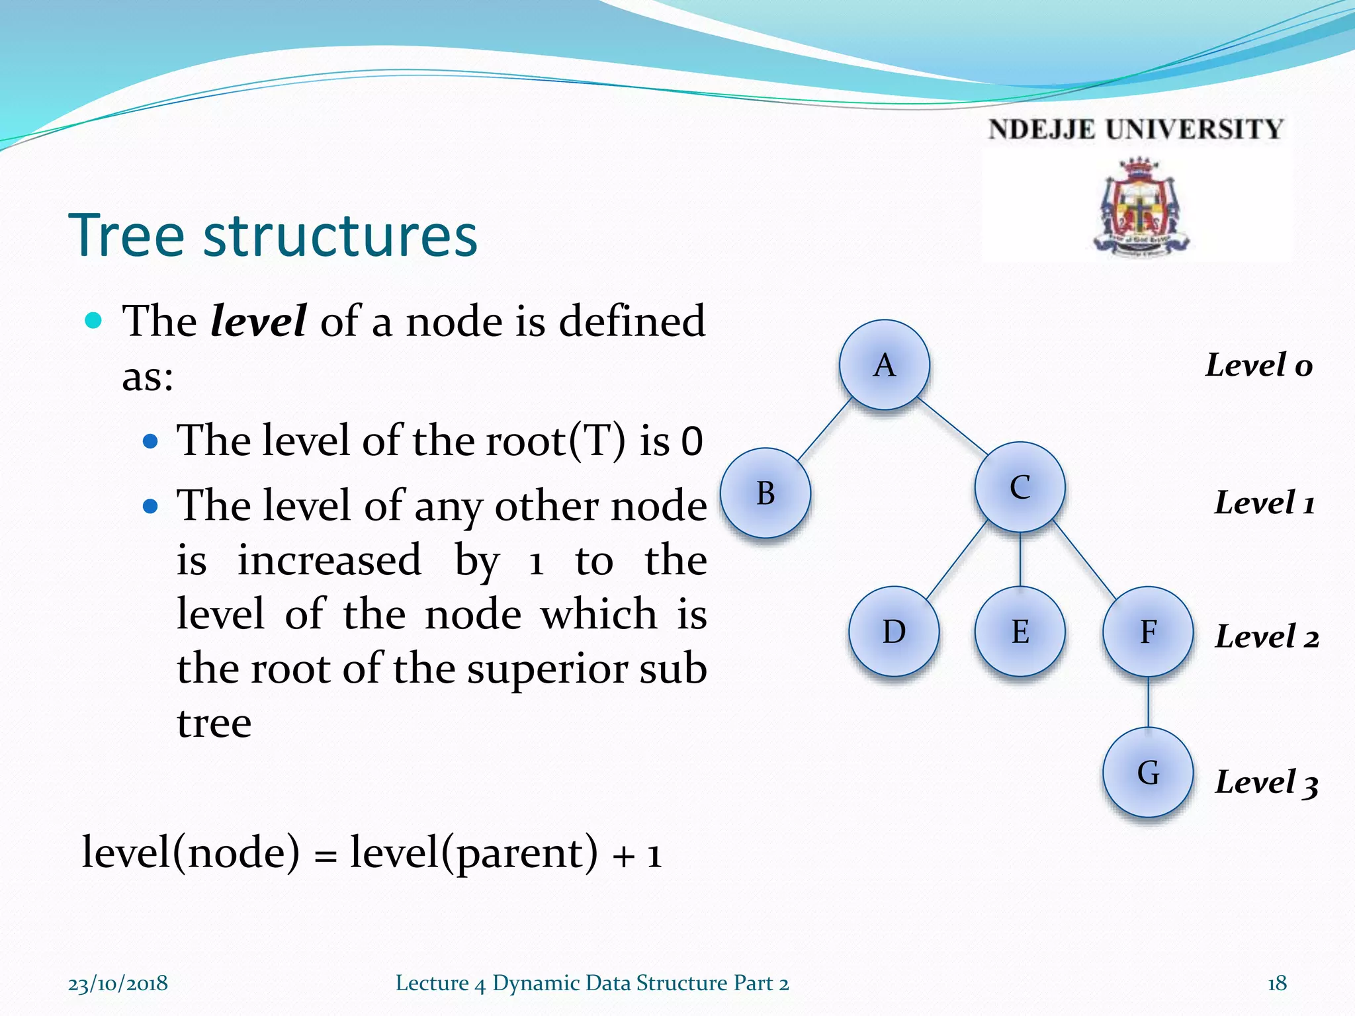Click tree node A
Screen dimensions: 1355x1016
884,364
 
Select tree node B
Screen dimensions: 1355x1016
765,493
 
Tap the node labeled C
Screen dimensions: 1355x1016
1020,487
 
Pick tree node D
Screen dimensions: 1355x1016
894,632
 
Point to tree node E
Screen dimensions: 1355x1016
1020,632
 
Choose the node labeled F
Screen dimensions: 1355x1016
1148,632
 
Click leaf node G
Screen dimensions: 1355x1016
1148,773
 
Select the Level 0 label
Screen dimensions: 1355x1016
1258,365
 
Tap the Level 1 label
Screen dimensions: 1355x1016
1264,503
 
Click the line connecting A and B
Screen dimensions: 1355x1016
824,430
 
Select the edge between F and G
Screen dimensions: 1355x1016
1148,702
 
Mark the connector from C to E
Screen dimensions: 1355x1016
1020,560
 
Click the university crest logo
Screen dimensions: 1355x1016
1139,206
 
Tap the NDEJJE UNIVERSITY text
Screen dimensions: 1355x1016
1135,129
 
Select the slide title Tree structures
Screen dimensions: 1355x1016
273,235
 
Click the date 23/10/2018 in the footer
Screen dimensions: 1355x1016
118,984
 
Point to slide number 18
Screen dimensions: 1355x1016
1277,984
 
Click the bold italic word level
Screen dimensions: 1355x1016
258,321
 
